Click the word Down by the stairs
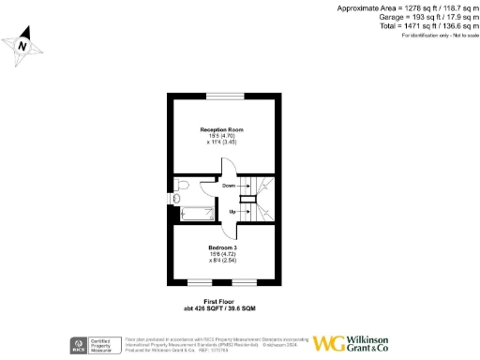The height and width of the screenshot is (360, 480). tap(229, 186)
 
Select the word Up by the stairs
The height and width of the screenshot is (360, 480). tap(231, 212)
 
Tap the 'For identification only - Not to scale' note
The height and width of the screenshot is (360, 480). tap(434, 36)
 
